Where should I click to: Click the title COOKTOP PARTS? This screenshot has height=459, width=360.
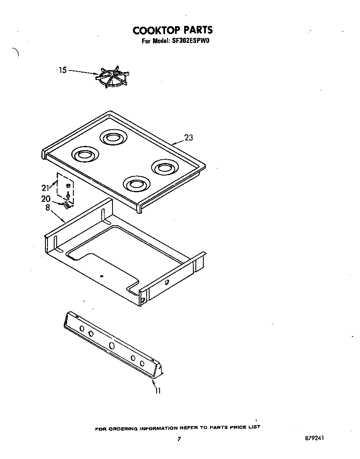click(x=172, y=30)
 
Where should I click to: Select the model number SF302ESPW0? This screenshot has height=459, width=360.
click(x=193, y=41)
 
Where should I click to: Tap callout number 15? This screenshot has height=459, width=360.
click(x=62, y=70)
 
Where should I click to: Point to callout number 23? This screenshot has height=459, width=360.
click(x=189, y=138)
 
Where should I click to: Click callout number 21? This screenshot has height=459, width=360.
click(x=46, y=188)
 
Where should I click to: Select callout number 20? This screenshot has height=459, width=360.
click(x=46, y=199)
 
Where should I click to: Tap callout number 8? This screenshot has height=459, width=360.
click(x=47, y=208)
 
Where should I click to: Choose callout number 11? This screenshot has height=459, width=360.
click(x=158, y=391)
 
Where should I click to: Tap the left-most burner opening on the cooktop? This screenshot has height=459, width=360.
click(x=85, y=154)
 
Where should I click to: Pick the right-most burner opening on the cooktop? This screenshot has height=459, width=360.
click(x=165, y=168)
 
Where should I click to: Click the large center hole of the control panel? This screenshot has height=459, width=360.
click(x=112, y=346)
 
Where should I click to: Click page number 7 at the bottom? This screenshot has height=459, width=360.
click(x=179, y=439)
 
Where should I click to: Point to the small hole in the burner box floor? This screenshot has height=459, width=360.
click(x=102, y=276)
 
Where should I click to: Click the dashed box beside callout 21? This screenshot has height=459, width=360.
click(x=65, y=188)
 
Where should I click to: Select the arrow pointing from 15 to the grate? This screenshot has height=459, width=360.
click(x=82, y=72)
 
